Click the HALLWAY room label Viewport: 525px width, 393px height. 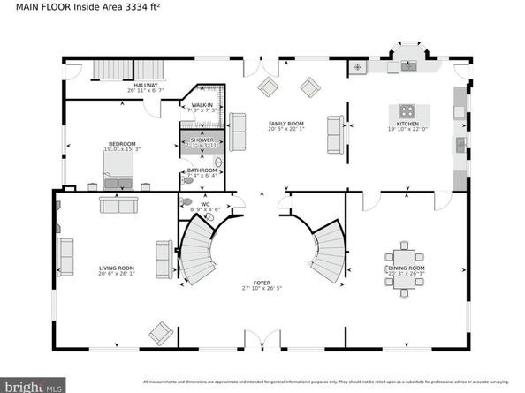tap(146, 86)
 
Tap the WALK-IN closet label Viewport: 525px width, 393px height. tap(200, 105)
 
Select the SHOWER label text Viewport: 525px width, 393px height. tap(200, 140)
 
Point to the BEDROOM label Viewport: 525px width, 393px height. tap(122, 144)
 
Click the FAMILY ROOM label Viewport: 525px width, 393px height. tap(286, 124)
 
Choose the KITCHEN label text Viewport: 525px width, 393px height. tap(407, 125)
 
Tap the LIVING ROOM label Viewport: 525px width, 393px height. tap(116, 268)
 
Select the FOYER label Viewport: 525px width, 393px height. tap(262, 283)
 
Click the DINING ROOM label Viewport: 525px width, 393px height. tap(407, 268)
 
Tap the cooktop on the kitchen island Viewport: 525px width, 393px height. tap(407, 111)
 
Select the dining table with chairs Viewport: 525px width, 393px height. tap(406, 257)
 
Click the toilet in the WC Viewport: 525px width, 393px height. tap(186, 203)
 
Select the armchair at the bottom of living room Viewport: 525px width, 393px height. tap(160, 333)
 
